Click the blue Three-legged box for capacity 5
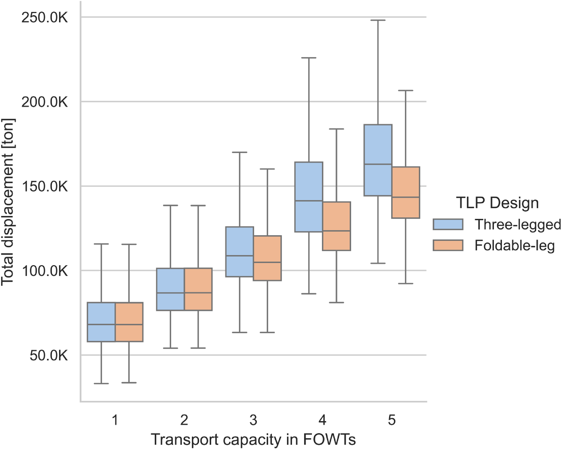point(378,160)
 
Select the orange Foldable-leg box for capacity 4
point(336,226)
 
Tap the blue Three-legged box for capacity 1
point(101,322)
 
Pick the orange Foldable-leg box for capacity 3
point(267,258)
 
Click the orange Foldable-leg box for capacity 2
point(198,289)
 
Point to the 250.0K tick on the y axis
point(45,17)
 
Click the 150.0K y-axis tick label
point(45,186)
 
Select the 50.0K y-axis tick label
point(48,356)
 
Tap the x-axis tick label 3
point(253,420)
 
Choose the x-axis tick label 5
point(392,420)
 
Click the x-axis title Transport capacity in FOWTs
point(253,440)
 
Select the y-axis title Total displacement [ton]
point(8,202)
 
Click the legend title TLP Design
point(497,203)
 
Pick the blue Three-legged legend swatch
point(448,224)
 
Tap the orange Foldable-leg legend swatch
point(448,245)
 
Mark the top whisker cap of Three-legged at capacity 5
point(378,20)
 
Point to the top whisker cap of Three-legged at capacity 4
point(309,58)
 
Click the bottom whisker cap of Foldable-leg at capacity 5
point(406,283)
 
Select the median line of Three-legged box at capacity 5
point(378,164)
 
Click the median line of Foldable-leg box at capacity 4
point(336,231)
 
